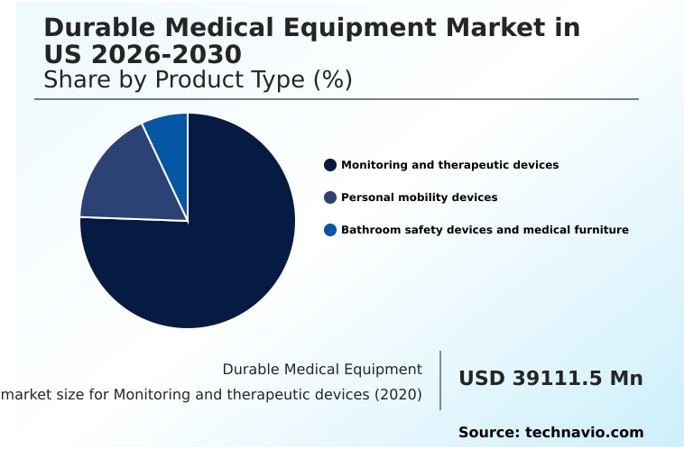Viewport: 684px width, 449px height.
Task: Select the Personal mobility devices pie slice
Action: [126, 180]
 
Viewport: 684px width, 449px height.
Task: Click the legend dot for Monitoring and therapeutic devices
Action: [330, 165]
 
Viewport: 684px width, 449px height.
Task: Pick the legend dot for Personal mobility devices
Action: [330, 197]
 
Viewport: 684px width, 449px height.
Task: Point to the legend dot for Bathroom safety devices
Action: [330, 230]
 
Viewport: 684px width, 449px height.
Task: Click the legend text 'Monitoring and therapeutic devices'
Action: [449, 165]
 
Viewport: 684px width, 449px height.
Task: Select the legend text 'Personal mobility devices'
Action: [419, 197]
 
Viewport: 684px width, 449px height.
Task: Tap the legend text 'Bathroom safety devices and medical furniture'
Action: [485, 230]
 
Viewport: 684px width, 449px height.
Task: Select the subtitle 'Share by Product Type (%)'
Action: [198, 80]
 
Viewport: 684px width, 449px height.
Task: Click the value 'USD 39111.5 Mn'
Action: [550, 379]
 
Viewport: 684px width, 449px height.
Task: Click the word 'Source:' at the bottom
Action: [488, 433]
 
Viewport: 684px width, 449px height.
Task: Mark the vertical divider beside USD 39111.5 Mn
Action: [440, 380]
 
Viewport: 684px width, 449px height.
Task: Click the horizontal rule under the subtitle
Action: [336, 99]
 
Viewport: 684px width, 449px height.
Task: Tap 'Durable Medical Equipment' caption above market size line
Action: [322, 370]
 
